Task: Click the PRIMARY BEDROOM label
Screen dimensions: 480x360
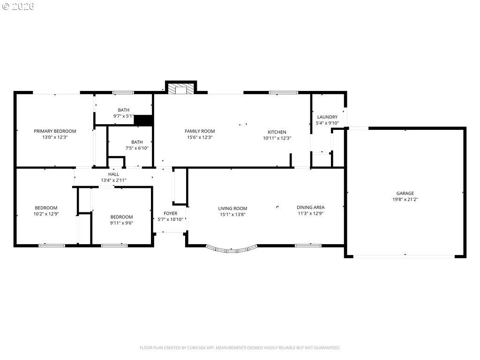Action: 55,131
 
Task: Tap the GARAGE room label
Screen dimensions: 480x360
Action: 405,193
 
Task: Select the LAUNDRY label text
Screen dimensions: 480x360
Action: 327,117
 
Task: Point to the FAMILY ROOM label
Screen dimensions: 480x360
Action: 200,131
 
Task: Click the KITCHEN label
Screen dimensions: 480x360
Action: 277,132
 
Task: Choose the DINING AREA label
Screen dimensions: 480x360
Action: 310,207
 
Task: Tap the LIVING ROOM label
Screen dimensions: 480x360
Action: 232,209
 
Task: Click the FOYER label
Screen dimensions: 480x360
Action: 170,213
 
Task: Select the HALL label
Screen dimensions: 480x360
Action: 113,174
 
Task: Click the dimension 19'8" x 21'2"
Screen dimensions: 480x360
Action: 405,199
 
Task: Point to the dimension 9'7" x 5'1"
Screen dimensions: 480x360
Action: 123,116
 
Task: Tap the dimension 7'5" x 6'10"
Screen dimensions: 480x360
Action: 137,148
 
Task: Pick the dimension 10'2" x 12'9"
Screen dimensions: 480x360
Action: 46,214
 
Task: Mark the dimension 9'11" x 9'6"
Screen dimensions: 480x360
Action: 121,223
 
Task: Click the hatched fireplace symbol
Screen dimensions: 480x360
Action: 181,88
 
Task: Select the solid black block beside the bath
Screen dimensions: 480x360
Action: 143,120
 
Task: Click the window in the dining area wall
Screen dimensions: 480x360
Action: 308,246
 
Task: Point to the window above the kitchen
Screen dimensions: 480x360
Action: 283,92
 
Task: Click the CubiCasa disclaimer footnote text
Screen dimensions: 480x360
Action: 240,348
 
